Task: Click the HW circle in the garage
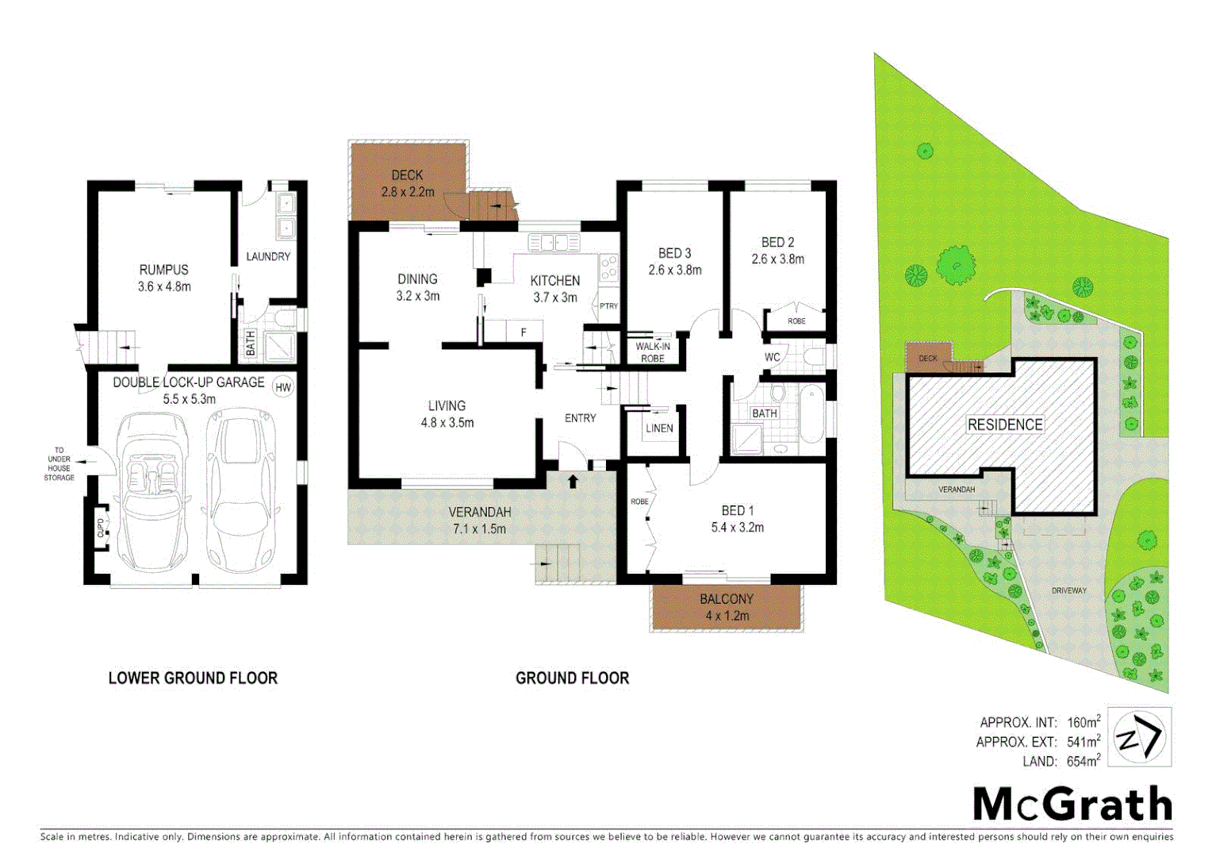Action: click(x=282, y=387)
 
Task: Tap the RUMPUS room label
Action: click(x=164, y=270)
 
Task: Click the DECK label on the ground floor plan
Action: click(x=407, y=175)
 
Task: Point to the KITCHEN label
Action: click(x=554, y=281)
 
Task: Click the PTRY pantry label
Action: click(x=608, y=306)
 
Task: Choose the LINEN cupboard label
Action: click(x=659, y=428)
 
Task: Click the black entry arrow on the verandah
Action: click(x=573, y=481)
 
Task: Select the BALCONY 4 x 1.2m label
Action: click(x=727, y=607)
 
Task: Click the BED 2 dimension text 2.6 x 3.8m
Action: click(x=777, y=259)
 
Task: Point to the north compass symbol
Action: click(x=1139, y=737)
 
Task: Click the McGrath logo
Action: click(x=1072, y=804)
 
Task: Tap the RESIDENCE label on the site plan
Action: click(x=1004, y=425)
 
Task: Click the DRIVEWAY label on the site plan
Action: click(x=1069, y=590)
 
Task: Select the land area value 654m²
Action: click(x=1083, y=762)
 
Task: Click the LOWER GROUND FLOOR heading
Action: click(x=193, y=678)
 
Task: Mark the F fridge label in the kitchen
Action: click(x=524, y=332)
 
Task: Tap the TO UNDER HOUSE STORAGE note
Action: click(x=59, y=464)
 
